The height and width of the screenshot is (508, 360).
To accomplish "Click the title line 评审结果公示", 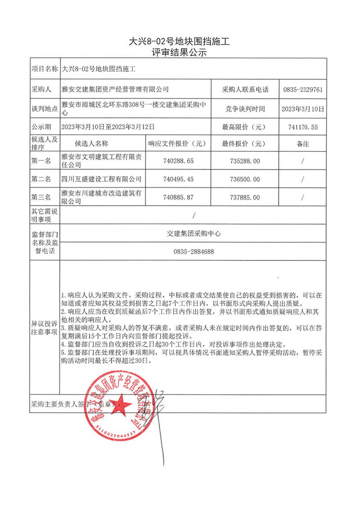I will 180,52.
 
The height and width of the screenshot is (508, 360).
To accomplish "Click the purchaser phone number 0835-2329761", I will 302,89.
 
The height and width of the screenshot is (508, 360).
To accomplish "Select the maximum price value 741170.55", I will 302,127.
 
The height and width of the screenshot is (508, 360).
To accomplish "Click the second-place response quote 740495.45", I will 176,179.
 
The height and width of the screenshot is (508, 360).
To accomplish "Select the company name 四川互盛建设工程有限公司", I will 101,179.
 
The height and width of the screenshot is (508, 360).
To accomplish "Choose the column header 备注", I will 302,144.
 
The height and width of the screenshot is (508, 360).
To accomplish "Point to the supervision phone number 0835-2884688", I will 193,252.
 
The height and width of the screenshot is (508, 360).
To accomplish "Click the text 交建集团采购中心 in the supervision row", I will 193,233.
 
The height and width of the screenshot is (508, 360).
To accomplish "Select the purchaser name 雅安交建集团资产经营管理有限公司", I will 115,89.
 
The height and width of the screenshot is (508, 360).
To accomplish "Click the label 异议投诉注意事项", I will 44,328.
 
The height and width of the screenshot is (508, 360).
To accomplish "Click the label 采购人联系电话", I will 245,89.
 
